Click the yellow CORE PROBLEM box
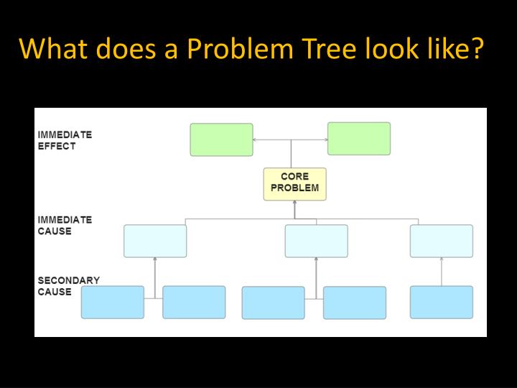click(294, 184)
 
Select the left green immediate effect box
click(221, 139)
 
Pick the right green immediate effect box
click(359, 139)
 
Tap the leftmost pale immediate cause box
click(155, 241)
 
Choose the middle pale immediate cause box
click(316, 241)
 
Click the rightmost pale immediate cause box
click(442, 241)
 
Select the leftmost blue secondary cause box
click(112, 302)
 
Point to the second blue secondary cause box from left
click(194, 302)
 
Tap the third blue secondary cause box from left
click(273, 302)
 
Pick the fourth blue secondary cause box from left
click(355, 302)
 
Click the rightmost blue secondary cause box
click(442, 302)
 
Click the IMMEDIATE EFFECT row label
click(65, 140)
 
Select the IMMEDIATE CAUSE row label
click(65, 226)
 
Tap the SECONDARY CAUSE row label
click(68, 286)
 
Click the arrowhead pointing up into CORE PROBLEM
click(294, 203)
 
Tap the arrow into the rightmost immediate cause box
click(442, 261)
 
